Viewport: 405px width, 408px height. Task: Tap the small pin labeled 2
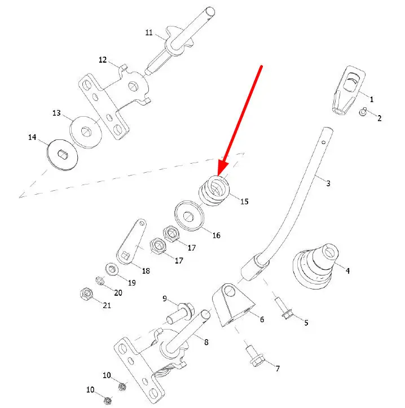pyautogui.click(x=364, y=112)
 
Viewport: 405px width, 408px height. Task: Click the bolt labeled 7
pyautogui.click(x=252, y=355)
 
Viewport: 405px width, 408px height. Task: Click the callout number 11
pyautogui.click(x=149, y=33)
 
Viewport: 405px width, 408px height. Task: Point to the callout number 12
pyautogui.click(x=103, y=59)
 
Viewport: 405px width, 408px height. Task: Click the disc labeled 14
pyautogui.click(x=61, y=152)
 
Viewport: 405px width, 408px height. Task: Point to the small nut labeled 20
pyautogui.click(x=98, y=280)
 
